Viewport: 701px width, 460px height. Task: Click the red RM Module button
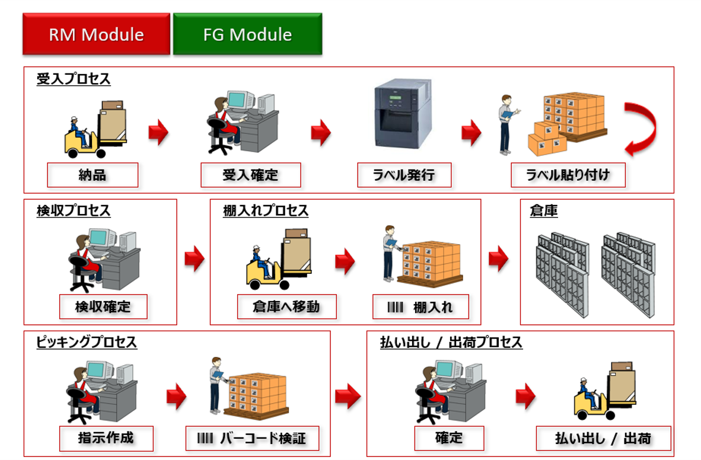(96, 34)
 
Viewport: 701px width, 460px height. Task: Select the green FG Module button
(247, 34)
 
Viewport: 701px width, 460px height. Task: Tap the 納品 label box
(93, 175)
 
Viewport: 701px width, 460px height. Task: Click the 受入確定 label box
(250, 175)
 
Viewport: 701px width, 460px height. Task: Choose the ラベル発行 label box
(404, 175)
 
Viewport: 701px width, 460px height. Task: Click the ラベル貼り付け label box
(568, 175)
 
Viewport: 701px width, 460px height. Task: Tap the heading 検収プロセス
(74, 211)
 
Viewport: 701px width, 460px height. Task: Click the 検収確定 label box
(103, 306)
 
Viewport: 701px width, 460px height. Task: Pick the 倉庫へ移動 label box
(286, 306)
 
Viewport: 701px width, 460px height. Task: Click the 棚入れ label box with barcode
(420, 307)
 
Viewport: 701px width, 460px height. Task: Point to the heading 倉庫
(543, 211)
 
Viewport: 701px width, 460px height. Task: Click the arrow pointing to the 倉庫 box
(498, 259)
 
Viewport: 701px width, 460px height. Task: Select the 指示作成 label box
(106, 439)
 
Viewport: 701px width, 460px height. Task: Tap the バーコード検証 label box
(253, 439)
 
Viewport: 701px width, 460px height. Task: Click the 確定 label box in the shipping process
(449, 439)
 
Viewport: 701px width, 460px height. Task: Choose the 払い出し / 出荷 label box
(603, 439)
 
